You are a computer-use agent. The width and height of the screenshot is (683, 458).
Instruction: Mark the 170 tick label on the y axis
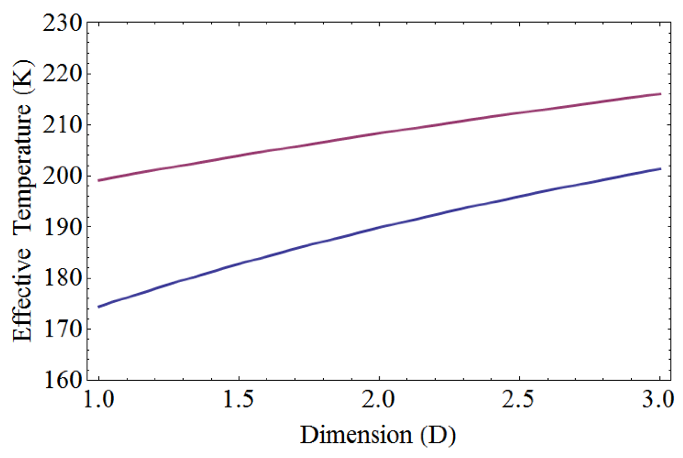click(x=61, y=329)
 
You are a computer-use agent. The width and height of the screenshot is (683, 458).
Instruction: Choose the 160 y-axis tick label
click(x=61, y=380)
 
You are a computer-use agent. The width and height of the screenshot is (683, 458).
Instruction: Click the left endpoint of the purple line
click(x=99, y=180)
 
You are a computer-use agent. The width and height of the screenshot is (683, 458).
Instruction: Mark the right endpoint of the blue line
click(x=660, y=169)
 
